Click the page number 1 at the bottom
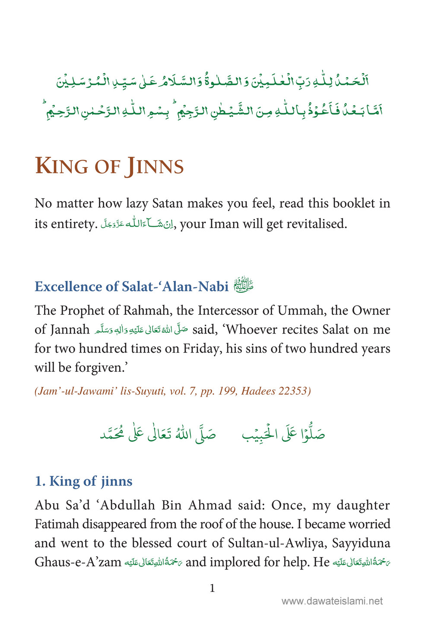212,588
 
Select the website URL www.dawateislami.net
332,601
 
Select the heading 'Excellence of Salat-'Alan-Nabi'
131,287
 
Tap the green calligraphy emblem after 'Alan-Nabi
244,286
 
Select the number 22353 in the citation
292,391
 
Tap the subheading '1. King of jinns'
83,481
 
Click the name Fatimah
57,524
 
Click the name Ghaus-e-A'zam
78,562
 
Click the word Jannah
69,329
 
